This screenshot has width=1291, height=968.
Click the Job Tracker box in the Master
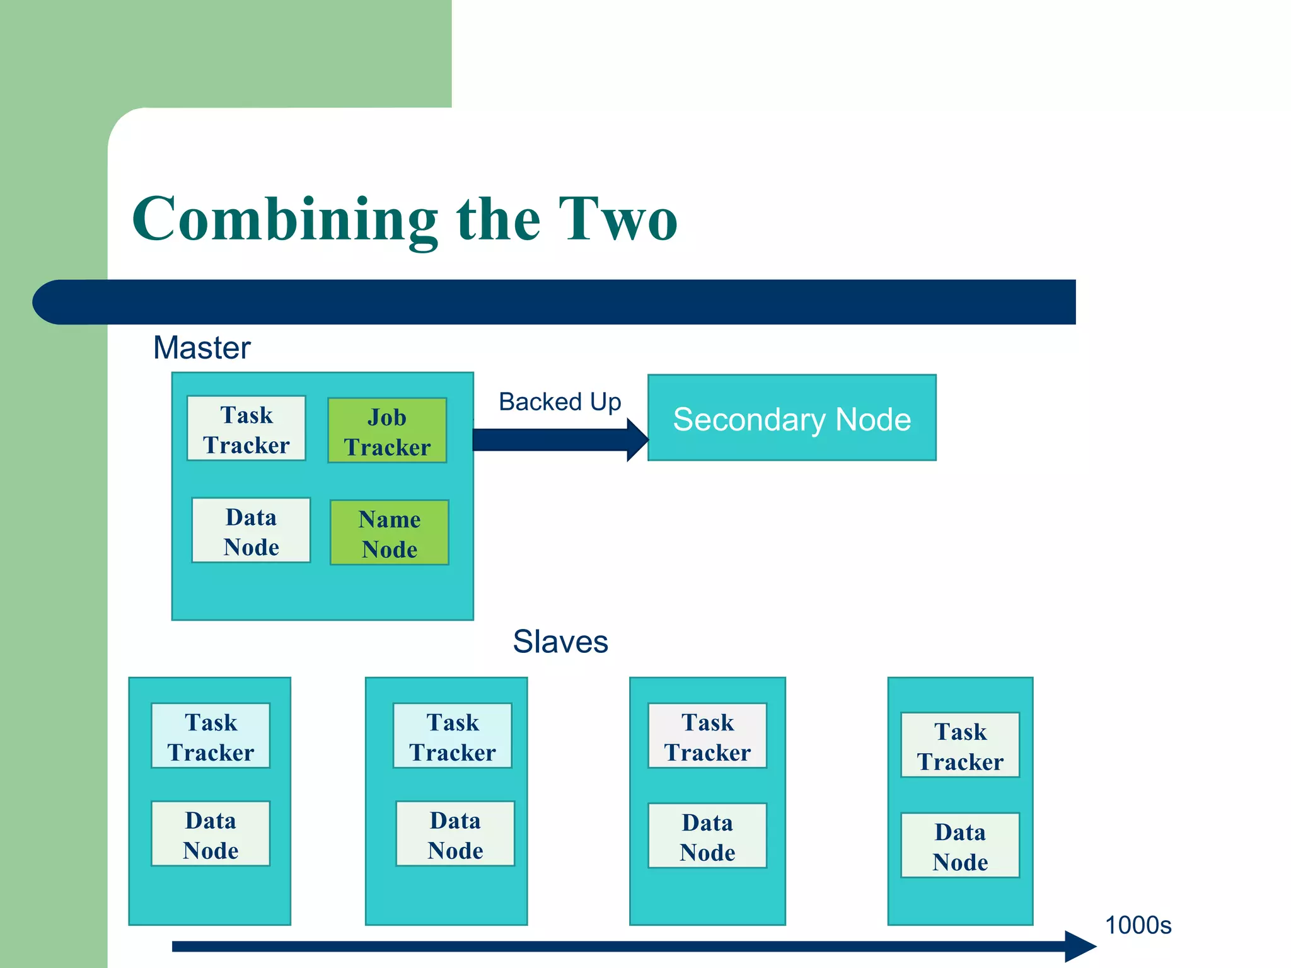tap(387, 430)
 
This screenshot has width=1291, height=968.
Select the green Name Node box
tap(390, 533)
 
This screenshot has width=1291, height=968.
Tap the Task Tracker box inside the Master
tap(246, 429)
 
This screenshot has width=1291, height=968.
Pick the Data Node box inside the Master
tap(251, 531)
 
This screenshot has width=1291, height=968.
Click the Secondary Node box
tap(792, 418)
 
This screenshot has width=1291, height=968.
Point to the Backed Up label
tap(560, 401)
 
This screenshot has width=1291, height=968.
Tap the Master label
tap(202, 347)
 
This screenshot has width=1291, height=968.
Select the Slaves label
tap(560, 642)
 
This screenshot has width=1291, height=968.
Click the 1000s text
tap(1138, 925)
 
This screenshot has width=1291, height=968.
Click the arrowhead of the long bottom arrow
tap(1080, 946)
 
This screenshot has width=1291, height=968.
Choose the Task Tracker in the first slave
tap(211, 736)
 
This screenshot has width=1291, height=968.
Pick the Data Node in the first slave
tap(211, 834)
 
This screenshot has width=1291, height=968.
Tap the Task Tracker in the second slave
tap(453, 736)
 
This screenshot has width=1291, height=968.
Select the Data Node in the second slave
tap(455, 834)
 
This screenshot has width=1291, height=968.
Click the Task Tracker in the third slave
tap(707, 736)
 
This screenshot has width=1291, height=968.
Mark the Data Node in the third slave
tap(707, 836)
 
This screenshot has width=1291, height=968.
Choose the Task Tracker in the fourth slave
tap(960, 746)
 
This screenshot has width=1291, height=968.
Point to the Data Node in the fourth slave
tap(960, 845)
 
